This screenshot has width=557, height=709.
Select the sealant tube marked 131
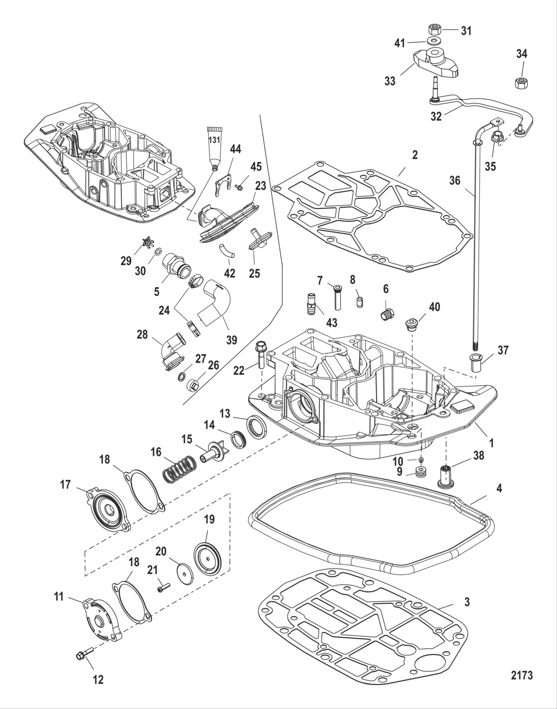coord(214,145)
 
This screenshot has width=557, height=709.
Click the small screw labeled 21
coord(164,588)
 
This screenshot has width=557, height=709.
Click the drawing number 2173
coord(522,675)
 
